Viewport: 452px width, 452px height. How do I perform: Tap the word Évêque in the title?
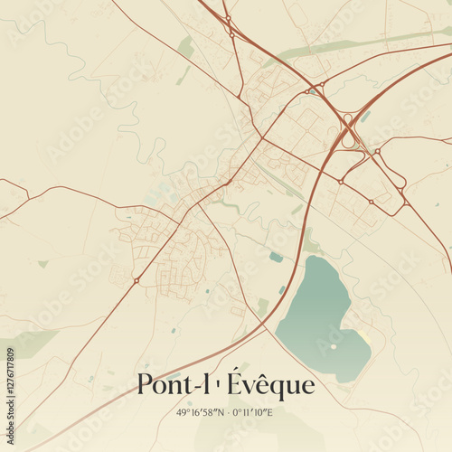(268, 385)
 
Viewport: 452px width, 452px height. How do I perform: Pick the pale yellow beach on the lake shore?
(364, 338)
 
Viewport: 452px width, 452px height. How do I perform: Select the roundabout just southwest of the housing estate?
(137, 280)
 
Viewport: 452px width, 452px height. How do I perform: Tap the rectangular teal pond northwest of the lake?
(276, 257)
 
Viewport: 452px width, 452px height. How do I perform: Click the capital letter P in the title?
(144, 385)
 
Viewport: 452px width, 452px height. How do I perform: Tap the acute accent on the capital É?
(234, 371)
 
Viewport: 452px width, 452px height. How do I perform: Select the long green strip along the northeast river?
(362, 42)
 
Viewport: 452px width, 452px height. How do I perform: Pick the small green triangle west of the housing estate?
(42, 264)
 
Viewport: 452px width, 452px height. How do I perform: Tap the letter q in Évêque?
(278, 389)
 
